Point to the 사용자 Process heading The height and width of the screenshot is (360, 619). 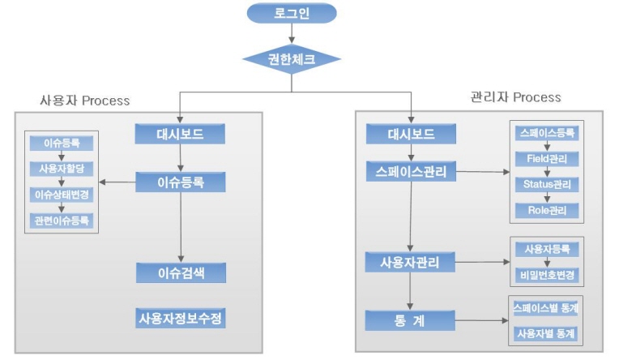tap(85, 101)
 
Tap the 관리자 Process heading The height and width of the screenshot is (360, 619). tap(515, 96)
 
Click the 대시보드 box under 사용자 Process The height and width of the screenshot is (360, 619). tap(180, 135)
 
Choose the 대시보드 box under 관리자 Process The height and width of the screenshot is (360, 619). tap(411, 135)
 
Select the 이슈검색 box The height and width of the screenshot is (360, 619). tap(180, 272)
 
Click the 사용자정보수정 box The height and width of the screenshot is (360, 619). tap(180, 318)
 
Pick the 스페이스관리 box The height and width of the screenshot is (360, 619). tap(411, 172)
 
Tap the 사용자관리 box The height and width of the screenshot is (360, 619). tap(411, 262)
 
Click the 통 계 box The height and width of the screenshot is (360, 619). tap(411, 320)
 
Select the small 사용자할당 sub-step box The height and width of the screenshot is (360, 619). tap(62, 169)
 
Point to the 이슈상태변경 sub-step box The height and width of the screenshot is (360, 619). tap(62, 195)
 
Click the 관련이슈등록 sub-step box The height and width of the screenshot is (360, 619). tap(62, 220)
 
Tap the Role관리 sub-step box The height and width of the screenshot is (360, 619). tap(548, 210)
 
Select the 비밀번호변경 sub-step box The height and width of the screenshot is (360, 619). tap(548, 275)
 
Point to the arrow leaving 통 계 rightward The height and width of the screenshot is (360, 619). tap(478, 321)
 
